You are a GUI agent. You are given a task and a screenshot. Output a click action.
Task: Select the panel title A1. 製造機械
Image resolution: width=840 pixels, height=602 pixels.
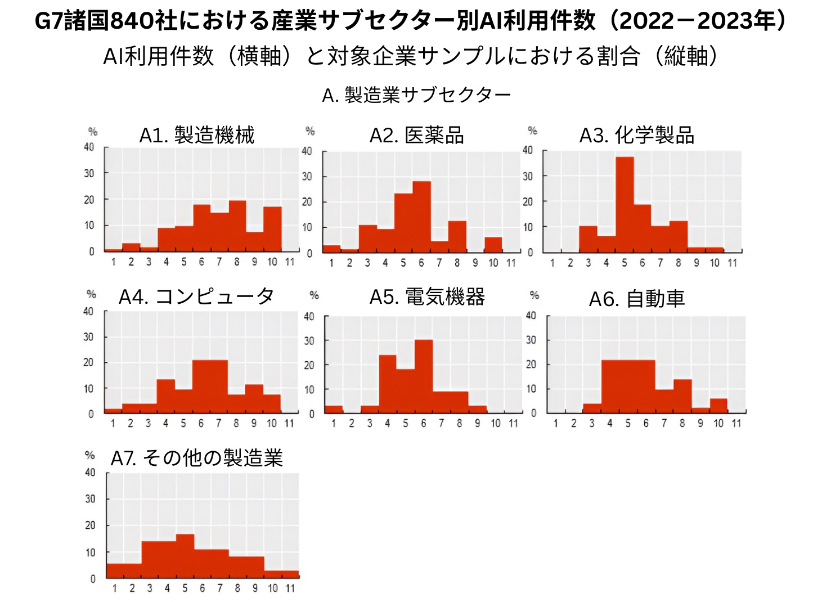(x=197, y=136)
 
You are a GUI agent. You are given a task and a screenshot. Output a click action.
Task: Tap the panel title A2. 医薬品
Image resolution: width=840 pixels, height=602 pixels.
(x=416, y=136)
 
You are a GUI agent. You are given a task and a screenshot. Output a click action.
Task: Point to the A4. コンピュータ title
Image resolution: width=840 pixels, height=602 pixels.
(x=196, y=296)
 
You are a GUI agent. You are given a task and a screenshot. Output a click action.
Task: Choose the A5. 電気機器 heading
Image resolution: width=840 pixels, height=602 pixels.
(x=427, y=297)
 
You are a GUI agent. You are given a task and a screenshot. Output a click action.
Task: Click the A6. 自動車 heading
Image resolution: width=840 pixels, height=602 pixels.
(x=636, y=299)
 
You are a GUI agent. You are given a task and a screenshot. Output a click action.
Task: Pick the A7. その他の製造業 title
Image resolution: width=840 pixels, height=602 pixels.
(x=196, y=458)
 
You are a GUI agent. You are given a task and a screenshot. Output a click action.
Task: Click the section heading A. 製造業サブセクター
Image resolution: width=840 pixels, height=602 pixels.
(x=416, y=95)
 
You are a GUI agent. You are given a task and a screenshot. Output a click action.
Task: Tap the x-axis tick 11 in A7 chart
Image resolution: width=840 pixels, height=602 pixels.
(x=290, y=588)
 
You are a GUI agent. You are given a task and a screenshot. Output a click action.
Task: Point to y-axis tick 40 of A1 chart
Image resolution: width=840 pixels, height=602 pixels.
(x=89, y=147)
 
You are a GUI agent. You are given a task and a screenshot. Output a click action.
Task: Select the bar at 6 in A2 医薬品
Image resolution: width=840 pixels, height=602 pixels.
(x=421, y=217)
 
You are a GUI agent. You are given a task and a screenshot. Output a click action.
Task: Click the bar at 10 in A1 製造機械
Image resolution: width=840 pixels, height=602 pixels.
(x=272, y=229)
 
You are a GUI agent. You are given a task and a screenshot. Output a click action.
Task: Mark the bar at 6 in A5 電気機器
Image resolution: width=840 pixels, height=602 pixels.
(x=424, y=376)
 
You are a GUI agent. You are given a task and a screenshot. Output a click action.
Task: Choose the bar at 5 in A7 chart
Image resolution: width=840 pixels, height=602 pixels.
(x=185, y=556)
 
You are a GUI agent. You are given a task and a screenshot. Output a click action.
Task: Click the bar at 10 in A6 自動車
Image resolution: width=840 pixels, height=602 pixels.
(x=718, y=406)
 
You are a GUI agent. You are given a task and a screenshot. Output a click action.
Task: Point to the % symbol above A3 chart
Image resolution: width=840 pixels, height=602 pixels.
(x=532, y=131)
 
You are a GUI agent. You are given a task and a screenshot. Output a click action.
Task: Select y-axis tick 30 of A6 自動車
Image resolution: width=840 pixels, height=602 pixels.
(x=531, y=340)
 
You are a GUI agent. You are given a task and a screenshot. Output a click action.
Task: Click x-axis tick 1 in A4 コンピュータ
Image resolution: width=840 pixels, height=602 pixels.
(x=113, y=423)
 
